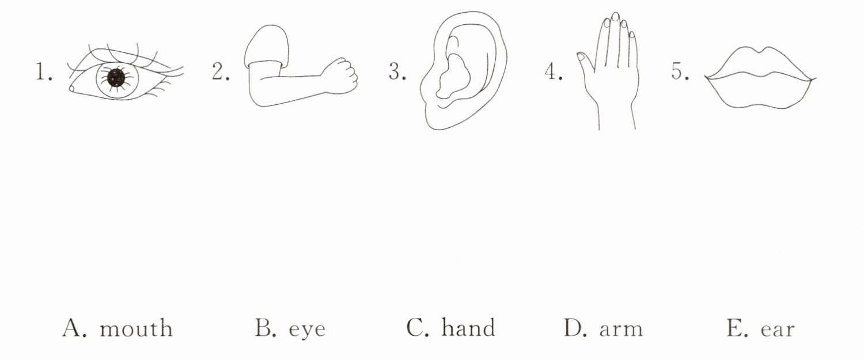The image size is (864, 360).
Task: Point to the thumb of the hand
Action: point(583,60)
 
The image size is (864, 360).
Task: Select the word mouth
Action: point(136,329)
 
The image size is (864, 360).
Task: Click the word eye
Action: point(306,329)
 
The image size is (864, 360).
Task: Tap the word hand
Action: point(468,328)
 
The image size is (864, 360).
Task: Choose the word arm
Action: point(621,329)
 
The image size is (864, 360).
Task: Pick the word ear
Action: point(778,329)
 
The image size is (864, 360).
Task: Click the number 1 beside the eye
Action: point(41,74)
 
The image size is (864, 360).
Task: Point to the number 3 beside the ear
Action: point(396,74)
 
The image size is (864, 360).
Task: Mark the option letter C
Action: point(416,328)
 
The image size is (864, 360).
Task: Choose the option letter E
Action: point(735,328)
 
